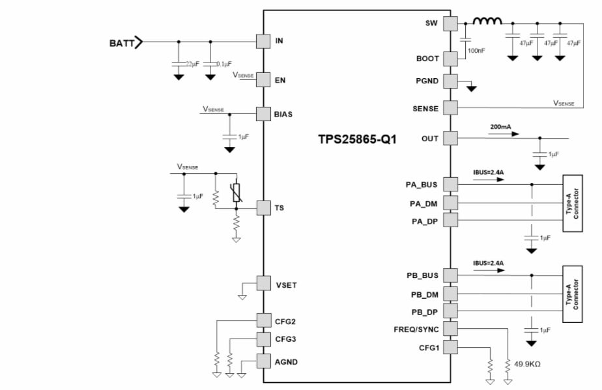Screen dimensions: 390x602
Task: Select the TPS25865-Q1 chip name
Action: tap(357, 139)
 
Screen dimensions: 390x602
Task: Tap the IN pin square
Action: tap(263, 40)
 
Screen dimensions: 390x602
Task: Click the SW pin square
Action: tap(450, 24)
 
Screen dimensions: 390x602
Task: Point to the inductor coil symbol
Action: tap(487, 22)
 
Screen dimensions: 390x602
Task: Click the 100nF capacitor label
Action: tap(476, 50)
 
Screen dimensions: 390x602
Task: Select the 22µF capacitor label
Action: tap(192, 64)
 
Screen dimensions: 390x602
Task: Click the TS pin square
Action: tap(263, 208)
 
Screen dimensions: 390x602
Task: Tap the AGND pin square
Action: tap(263, 361)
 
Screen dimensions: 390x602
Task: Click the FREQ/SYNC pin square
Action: tap(450, 329)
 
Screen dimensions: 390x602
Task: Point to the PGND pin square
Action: tap(450, 81)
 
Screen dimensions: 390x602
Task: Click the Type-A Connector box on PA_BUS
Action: tap(572, 202)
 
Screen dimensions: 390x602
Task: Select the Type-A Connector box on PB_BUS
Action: tap(572, 294)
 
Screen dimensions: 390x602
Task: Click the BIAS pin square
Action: tap(263, 113)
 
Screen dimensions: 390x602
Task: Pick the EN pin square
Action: tap(263, 79)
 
